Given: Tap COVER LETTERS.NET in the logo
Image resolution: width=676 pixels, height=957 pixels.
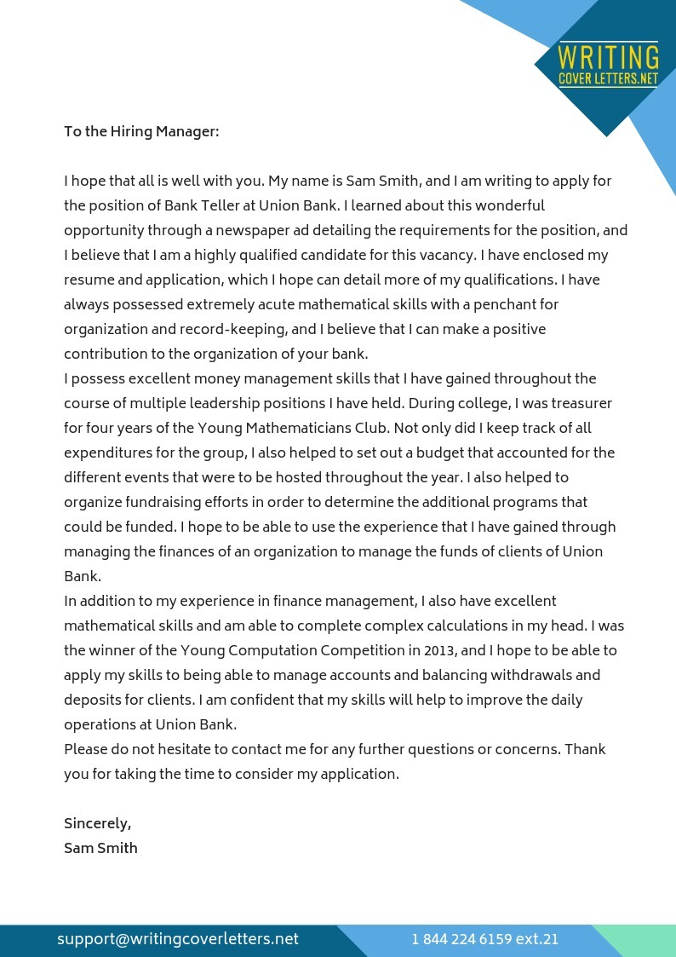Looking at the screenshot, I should (x=608, y=78).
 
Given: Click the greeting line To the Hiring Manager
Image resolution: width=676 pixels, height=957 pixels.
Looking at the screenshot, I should (x=141, y=131).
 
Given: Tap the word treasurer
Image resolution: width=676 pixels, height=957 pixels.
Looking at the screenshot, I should (x=579, y=403).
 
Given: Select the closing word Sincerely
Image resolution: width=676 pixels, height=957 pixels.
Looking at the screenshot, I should (x=97, y=823).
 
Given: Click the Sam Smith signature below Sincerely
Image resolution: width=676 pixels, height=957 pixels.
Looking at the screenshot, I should (x=100, y=848).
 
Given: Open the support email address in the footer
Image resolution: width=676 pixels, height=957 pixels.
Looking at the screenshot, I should (x=178, y=939).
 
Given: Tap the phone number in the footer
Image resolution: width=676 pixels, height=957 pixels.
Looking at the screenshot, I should (x=484, y=939).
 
